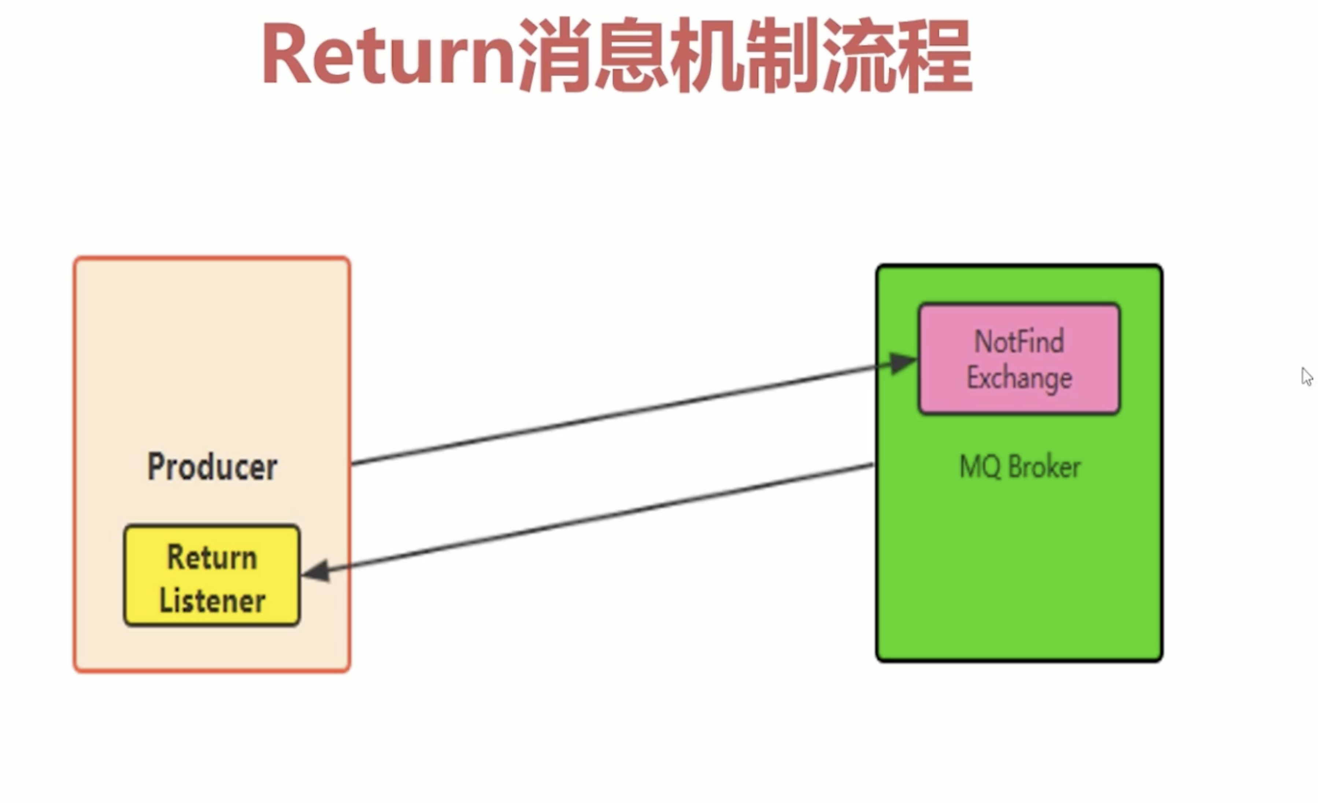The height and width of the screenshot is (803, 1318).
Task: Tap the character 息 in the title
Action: point(631,55)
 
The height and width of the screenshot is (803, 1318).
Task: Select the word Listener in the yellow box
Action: point(212,601)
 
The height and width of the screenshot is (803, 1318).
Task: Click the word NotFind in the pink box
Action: point(1019,341)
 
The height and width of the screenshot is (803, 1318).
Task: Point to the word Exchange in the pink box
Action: point(1019,378)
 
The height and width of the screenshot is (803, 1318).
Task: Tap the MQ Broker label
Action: point(1019,466)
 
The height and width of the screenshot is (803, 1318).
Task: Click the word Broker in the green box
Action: point(1044,466)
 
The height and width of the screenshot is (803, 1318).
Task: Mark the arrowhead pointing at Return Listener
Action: point(316,571)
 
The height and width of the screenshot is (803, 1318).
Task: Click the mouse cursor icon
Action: point(1307,376)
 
